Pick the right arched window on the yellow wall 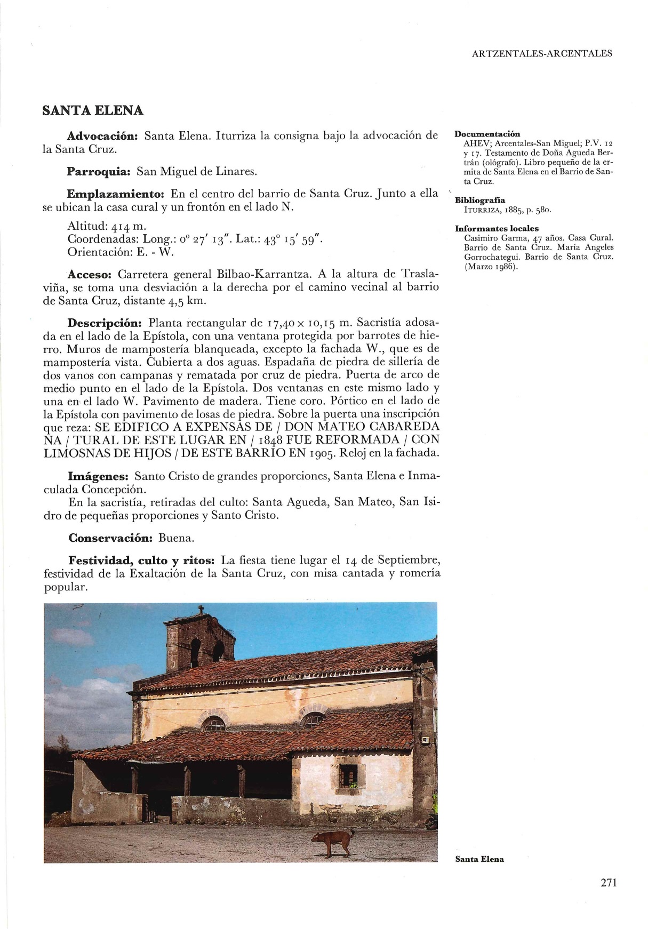coord(313,722)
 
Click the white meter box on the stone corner coord(426,740)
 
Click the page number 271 coord(608,883)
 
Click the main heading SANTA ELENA coord(92,110)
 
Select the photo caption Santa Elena coord(479,859)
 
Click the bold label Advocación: coord(103,135)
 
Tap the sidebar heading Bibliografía coord(479,201)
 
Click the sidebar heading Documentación coord(487,134)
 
